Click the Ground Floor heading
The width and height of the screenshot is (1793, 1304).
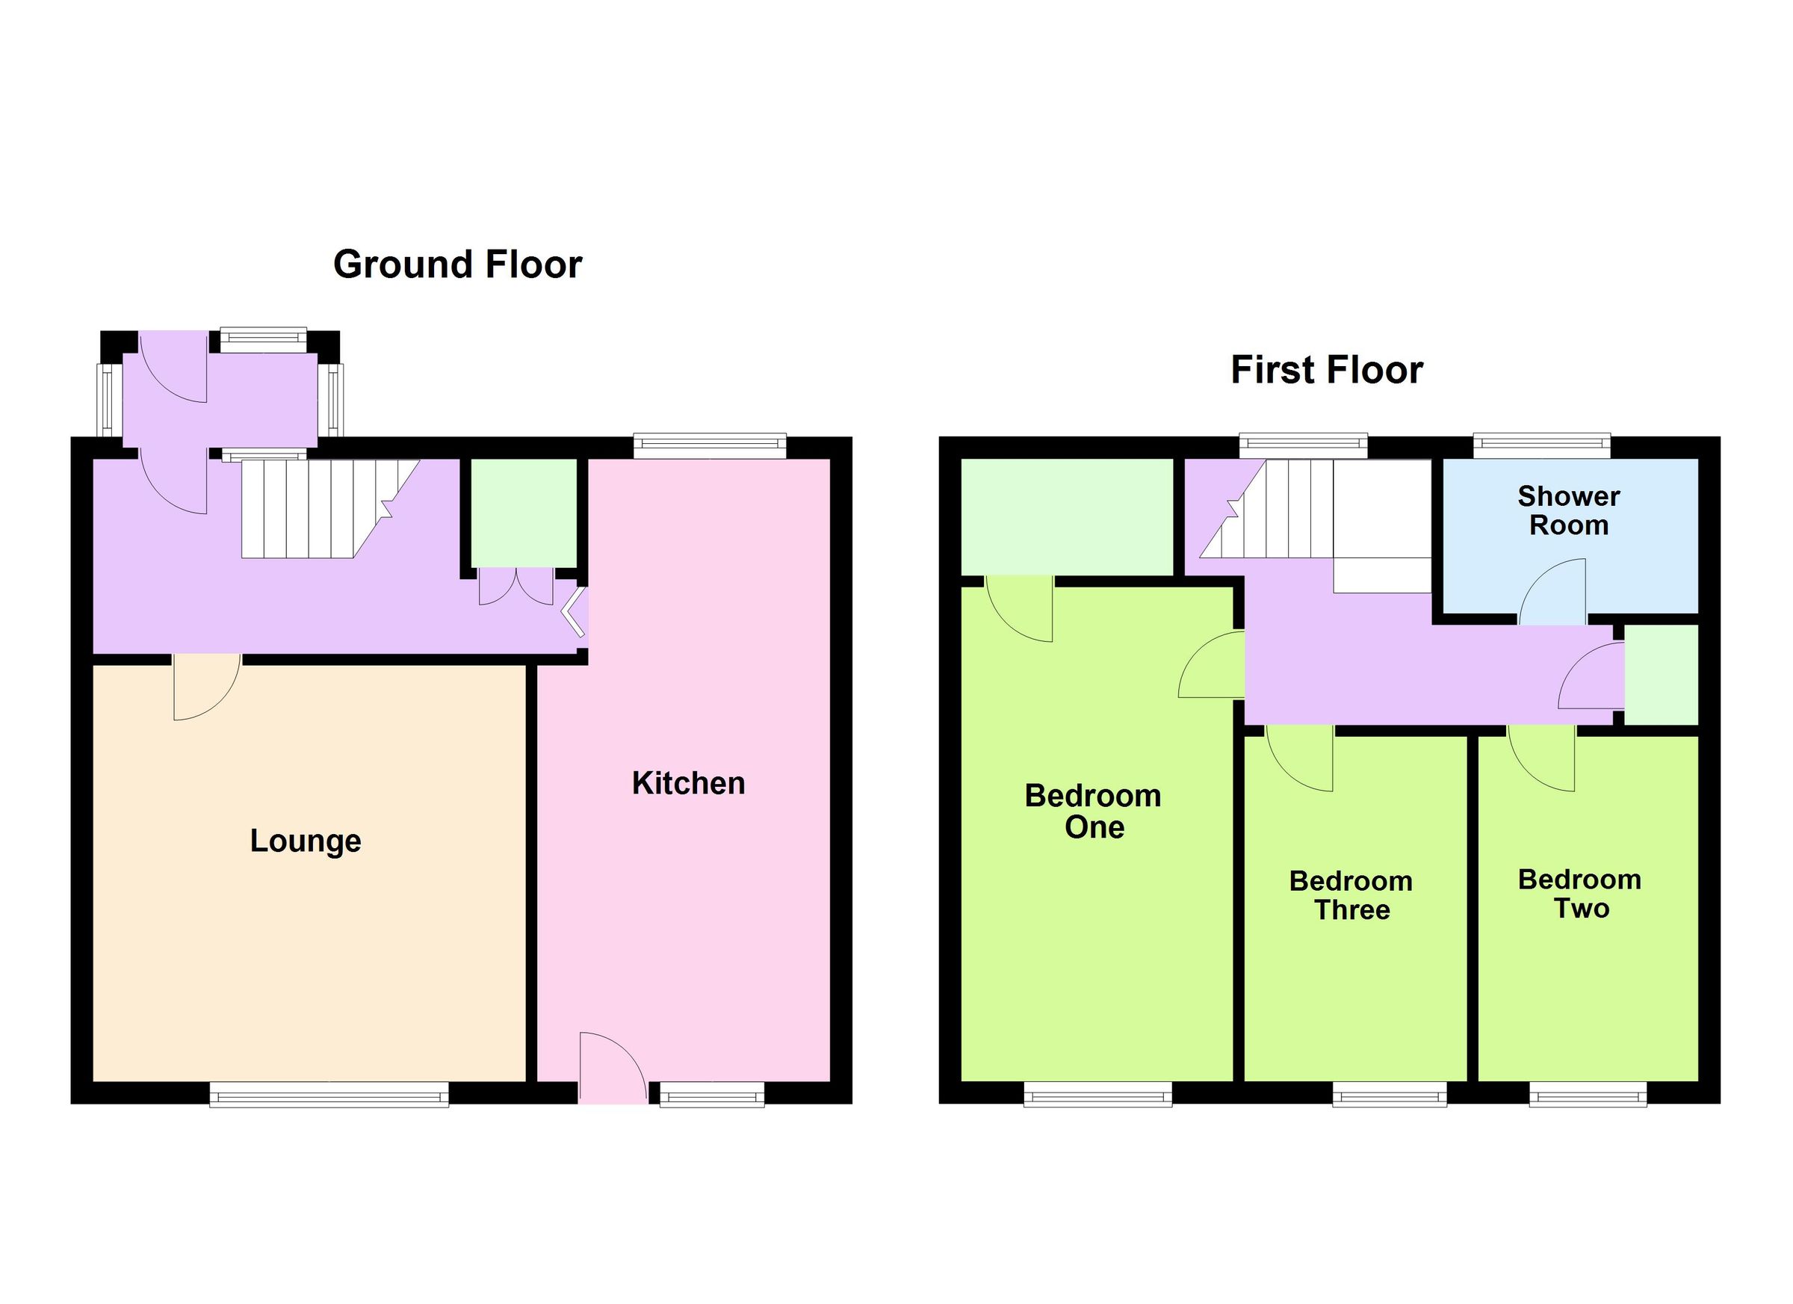click(x=457, y=264)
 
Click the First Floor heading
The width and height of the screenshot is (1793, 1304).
click(x=1327, y=370)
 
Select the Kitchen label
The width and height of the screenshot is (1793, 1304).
click(x=688, y=783)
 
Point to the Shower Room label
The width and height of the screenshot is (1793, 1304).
click(x=1568, y=510)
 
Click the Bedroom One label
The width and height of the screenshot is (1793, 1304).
click(x=1093, y=811)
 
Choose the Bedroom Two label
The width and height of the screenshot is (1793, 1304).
click(x=1579, y=894)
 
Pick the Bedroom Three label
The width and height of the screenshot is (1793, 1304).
click(x=1351, y=895)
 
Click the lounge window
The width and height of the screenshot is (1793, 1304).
click(x=329, y=1095)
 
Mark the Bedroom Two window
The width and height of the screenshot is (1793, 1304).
click(x=1588, y=1095)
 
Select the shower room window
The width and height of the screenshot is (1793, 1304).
click(x=1541, y=446)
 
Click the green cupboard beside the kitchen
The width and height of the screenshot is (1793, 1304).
click(x=524, y=513)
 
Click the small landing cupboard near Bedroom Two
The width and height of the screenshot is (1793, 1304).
click(x=1660, y=674)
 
